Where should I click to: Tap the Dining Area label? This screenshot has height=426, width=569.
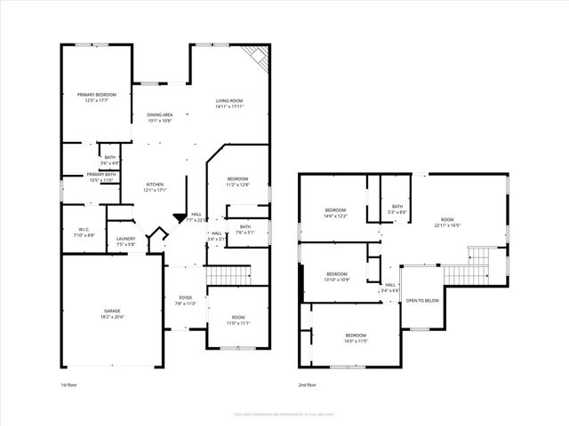tap(160, 117)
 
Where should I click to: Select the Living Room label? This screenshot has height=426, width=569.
tap(229, 104)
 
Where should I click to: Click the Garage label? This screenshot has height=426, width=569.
tap(111, 313)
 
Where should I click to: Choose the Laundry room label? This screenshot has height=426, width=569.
tap(125, 241)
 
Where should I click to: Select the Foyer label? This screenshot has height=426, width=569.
tap(185, 300)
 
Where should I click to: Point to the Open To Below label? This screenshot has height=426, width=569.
tap(422, 301)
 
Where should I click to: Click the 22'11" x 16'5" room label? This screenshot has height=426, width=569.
tap(446, 222)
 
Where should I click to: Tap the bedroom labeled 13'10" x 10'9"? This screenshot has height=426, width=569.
tap(337, 276)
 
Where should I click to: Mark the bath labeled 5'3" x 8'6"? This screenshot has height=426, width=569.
tap(397, 209)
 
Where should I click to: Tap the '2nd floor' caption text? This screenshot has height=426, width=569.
tap(308, 385)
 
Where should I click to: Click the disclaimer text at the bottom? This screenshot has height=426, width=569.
tap(284, 413)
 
